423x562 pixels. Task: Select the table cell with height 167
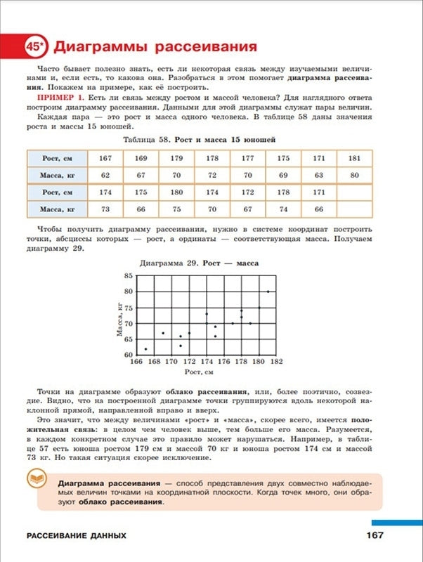click(105, 158)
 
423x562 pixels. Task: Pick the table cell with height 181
click(354, 158)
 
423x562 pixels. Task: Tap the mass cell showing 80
click(354, 175)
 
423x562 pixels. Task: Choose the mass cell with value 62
click(105, 175)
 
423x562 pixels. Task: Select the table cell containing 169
click(141, 158)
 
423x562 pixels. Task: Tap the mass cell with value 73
click(105, 209)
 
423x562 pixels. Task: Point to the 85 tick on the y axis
click(128, 275)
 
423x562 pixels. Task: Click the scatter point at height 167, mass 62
click(145, 348)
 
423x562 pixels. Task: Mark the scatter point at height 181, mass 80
click(268, 291)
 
